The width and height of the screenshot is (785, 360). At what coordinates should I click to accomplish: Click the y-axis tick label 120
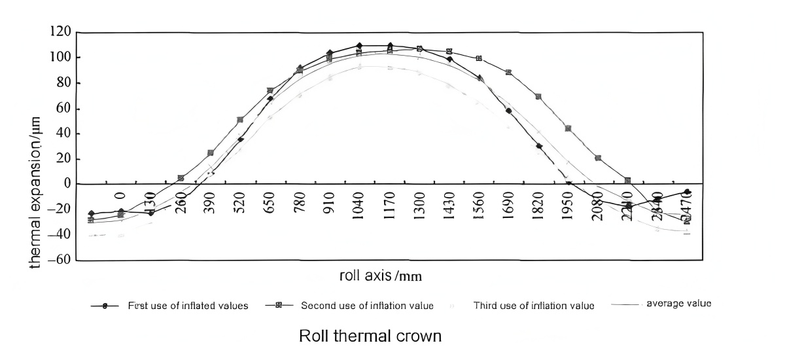(x=60, y=31)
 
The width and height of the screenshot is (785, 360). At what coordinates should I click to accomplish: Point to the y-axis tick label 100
(x=60, y=58)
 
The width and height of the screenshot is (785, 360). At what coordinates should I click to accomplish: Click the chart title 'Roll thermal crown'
(x=370, y=336)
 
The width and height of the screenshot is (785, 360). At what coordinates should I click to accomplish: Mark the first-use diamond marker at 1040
(x=359, y=46)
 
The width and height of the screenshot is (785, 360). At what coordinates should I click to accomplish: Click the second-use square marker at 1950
(x=568, y=128)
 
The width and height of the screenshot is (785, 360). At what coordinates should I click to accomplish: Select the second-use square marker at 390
(x=211, y=153)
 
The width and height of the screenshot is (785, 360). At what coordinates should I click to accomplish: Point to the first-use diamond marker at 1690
(x=508, y=111)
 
